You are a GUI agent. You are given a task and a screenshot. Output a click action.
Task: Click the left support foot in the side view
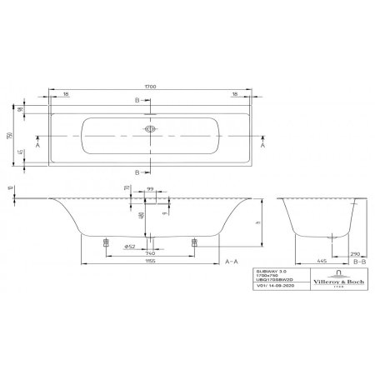pos(104,242)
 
